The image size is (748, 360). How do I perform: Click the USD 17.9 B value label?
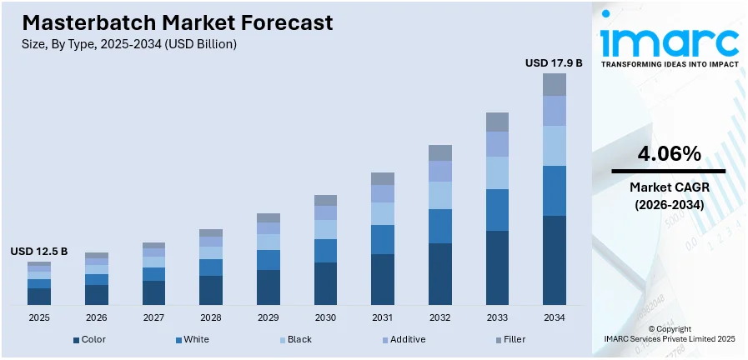tap(554, 62)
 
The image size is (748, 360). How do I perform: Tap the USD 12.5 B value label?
tap(39, 252)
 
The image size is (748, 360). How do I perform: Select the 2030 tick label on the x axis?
tap(325, 317)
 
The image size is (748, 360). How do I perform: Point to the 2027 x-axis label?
tap(153, 317)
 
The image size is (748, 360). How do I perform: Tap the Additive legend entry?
tap(404, 339)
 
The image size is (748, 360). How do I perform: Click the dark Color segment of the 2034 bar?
tap(555, 260)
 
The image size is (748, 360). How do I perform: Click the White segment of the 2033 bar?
tap(497, 210)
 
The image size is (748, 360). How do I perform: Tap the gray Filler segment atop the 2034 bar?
tap(555, 84)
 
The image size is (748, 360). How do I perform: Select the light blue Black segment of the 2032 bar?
tap(439, 195)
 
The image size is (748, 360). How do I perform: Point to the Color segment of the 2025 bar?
tap(39, 296)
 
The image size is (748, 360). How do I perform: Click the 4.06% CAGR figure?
tap(669, 153)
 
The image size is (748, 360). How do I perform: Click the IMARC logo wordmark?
tap(669, 42)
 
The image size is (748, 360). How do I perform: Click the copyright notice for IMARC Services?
tap(669, 334)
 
